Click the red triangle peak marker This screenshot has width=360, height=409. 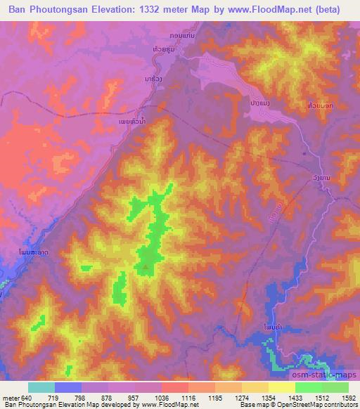click(x=146, y=267)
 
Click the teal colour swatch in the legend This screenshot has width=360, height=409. click(x=41, y=387)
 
